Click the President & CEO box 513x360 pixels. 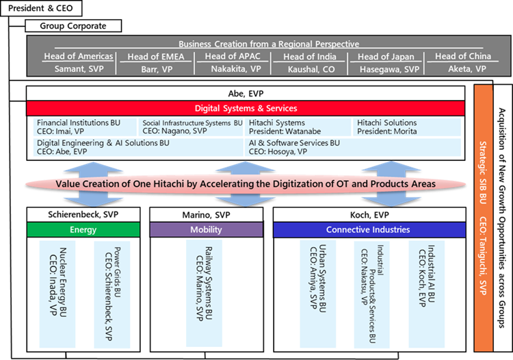[41, 9]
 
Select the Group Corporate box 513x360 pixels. [73, 26]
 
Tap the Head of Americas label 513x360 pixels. [72, 56]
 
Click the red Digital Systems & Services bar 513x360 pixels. [246, 108]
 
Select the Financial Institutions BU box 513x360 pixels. [84, 127]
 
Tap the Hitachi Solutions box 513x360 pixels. [407, 127]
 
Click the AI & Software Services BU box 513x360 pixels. [353, 147]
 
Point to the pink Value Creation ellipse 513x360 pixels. [246, 184]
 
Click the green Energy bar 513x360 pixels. [83, 230]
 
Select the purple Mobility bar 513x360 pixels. [206, 230]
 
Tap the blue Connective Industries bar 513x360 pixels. [368, 230]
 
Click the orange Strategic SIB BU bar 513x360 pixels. [484, 218]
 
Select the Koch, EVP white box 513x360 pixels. [368, 215]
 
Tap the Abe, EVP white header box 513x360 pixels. [246, 93]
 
